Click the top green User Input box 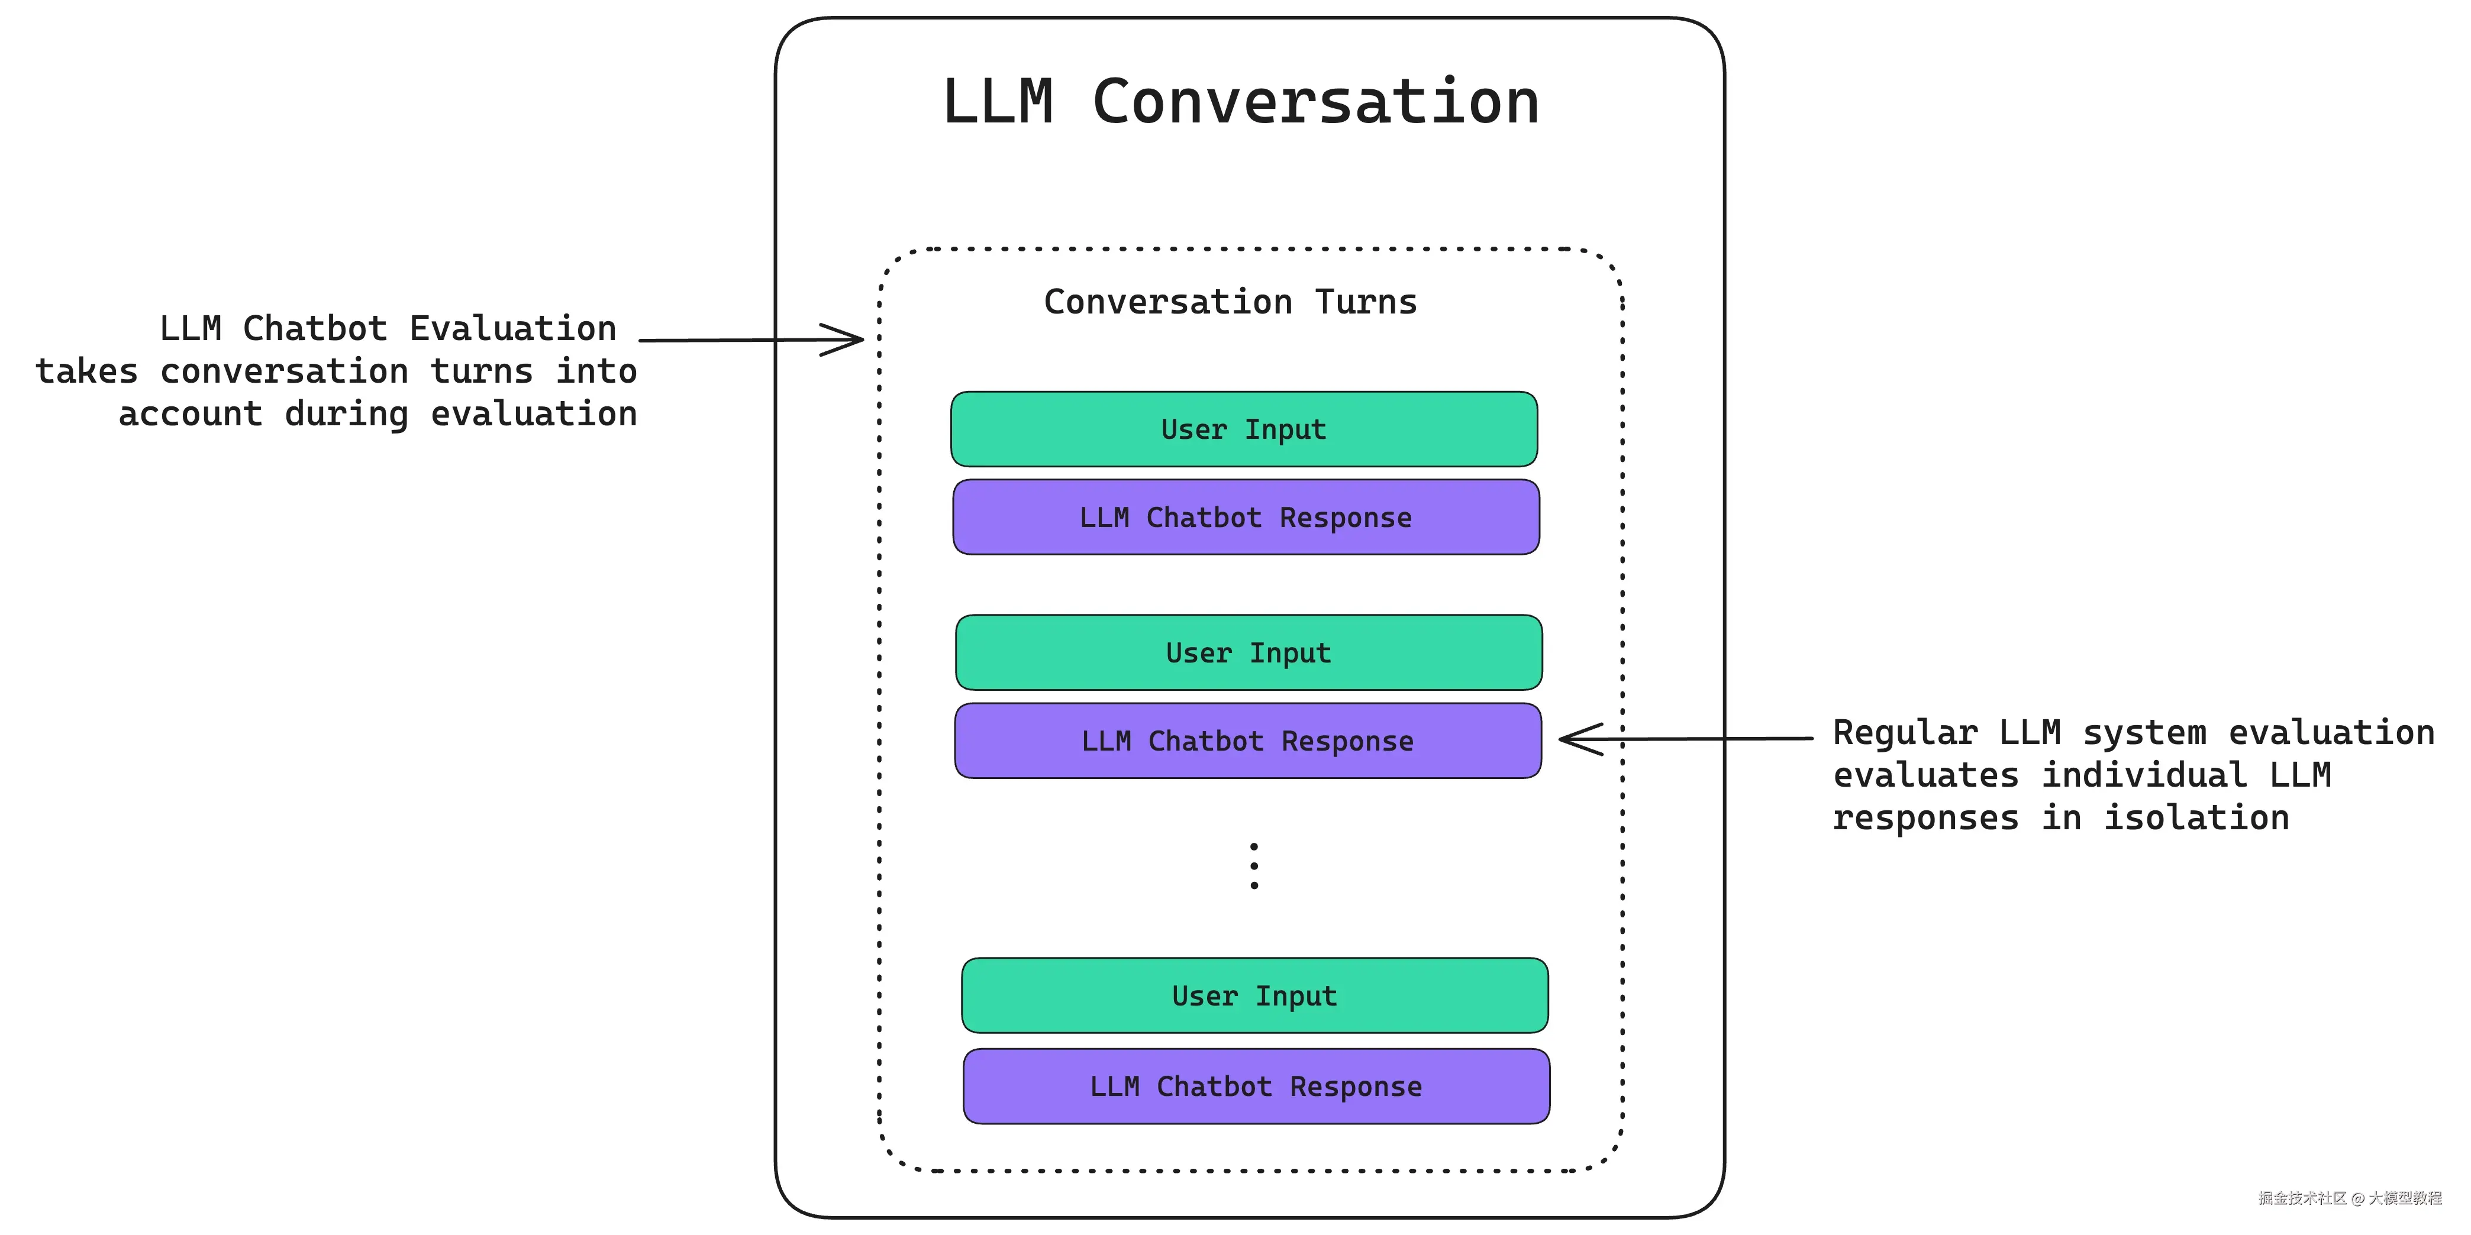(x=1243, y=429)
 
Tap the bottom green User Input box (x=1254, y=995)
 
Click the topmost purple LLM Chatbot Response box (x=1245, y=517)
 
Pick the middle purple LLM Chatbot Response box (x=1247, y=741)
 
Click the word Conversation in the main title (x=1315, y=102)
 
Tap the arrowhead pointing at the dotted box (x=849, y=340)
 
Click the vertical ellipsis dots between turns (x=1254, y=866)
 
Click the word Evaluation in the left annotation (x=512, y=329)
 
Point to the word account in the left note (x=190, y=414)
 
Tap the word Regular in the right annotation (x=1904, y=733)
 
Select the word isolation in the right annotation (x=2196, y=818)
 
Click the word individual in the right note (x=2144, y=775)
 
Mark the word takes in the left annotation (x=86, y=371)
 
